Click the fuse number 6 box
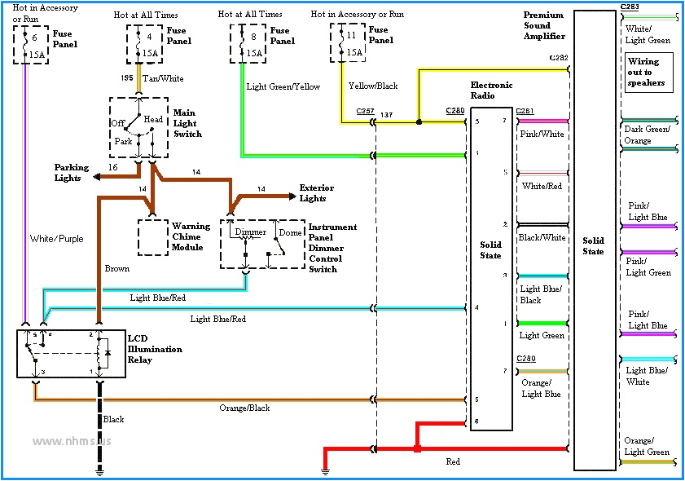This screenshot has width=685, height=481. coord(29,45)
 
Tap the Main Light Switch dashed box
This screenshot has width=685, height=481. coord(139,127)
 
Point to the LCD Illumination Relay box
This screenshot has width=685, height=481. coord(72,353)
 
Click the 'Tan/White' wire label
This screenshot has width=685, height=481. coord(163,79)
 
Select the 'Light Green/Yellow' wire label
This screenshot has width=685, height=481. coord(283,86)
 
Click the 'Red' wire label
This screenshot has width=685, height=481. coord(452,461)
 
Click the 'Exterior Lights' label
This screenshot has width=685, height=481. coord(316,193)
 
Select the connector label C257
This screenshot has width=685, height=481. coord(364,111)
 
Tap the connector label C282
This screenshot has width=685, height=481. coord(559,58)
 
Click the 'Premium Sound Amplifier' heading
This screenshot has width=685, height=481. coord(543,25)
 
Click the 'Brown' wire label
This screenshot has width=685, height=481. coord(117,268)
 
